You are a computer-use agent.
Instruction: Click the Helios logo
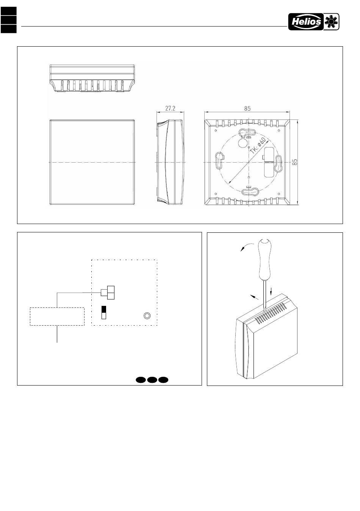[314, 22]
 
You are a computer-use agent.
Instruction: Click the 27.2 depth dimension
[170, 108]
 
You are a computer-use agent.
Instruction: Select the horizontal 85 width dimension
[247, 108]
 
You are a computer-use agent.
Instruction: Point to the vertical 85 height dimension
[295, 162]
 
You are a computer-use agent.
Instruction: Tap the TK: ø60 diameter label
[258, 145]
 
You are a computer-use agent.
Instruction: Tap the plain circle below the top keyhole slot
[241, 142]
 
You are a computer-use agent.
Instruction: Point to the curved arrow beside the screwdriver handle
[246, 246]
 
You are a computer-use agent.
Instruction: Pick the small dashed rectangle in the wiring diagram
[57, 316]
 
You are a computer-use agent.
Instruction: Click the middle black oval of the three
[152, 379]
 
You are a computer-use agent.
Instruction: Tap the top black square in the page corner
[8, 11]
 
